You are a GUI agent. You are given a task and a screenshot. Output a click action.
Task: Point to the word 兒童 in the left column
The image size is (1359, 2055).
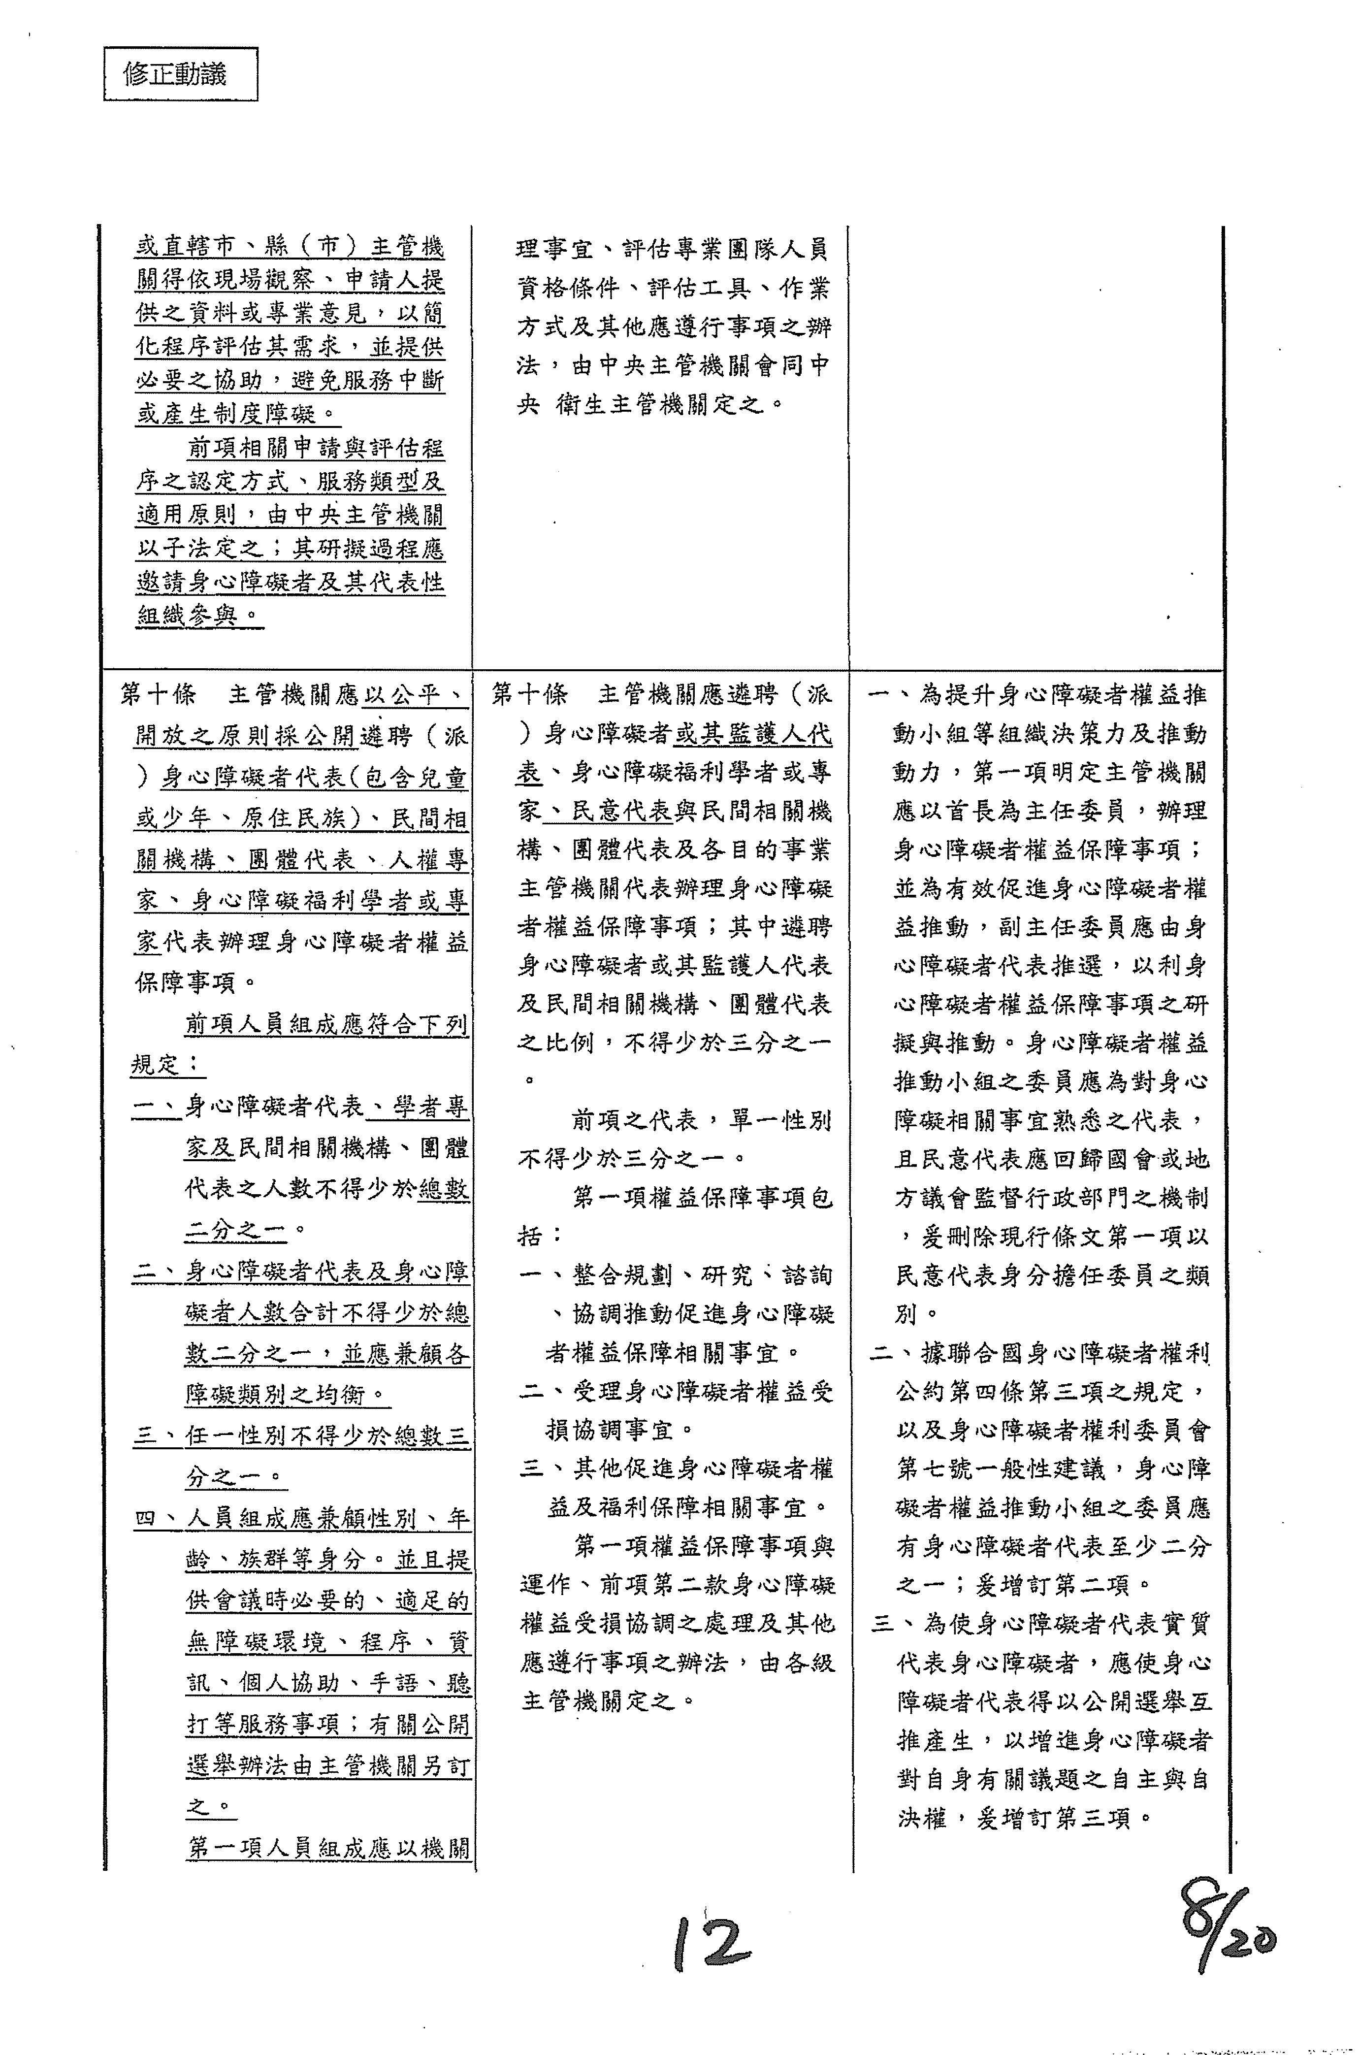click(x=443, y=778)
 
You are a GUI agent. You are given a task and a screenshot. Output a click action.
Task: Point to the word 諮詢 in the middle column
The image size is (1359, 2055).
click(x=806, y=1276)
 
